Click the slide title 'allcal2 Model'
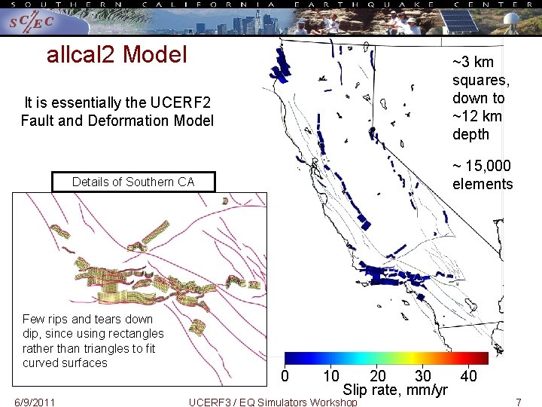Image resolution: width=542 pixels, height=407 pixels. tap(117, 55)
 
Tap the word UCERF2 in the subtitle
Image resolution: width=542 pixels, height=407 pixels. tap(179, 103)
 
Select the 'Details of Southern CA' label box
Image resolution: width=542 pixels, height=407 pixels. tap(133, 182)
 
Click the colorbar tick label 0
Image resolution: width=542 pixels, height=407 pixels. tap(285, 376)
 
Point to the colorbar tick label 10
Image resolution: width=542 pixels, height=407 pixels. tap(330, 376)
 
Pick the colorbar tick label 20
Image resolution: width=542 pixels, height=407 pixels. tap(378, 376)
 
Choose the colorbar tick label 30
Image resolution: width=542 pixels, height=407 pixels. tap(423, 376)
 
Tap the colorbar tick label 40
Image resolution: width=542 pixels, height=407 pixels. tap(468, 376)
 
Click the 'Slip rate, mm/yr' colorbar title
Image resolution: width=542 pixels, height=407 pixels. tap(395, 390)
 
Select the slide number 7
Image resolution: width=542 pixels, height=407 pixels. tap(518, 402)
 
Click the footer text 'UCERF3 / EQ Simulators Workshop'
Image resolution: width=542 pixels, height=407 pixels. tap(273, 402)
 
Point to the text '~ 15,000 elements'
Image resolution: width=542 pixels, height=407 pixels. tap(482, 175)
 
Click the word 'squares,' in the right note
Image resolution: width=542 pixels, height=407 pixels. tap(480, 81)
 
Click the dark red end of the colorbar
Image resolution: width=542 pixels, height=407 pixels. tap(482, 358)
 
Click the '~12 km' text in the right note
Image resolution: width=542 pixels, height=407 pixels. tap(477, 116)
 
